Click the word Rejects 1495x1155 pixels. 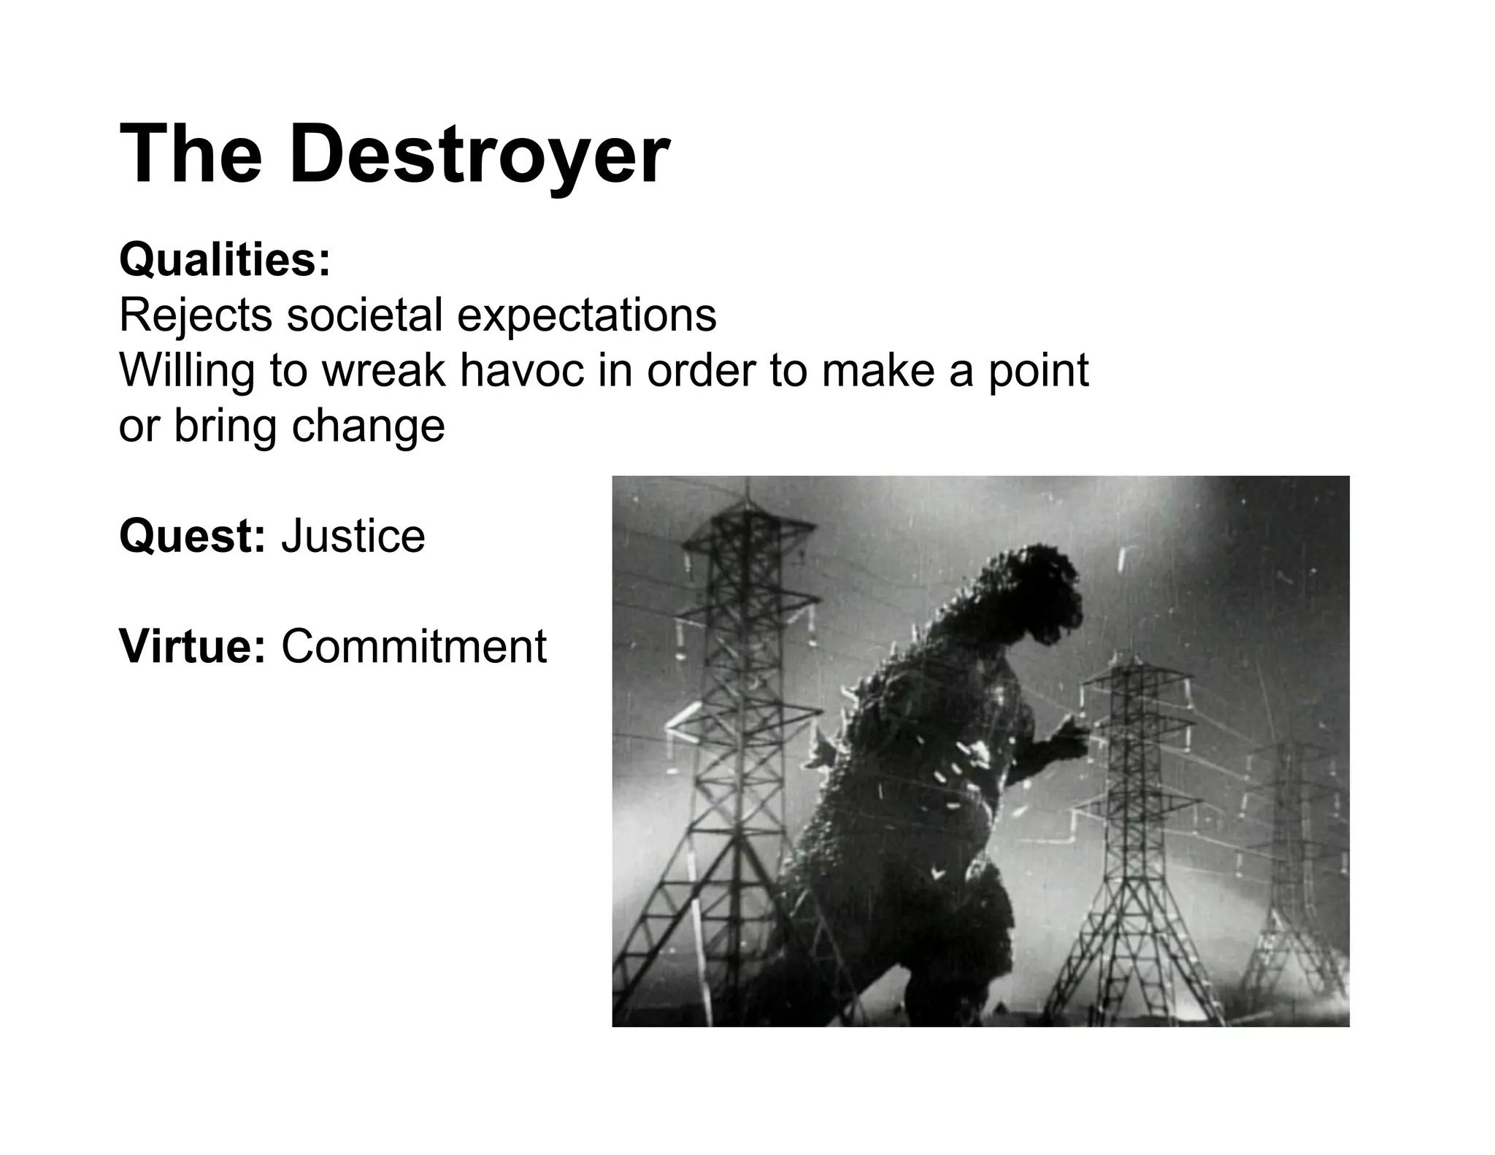(196, 315)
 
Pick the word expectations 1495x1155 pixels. (587, 317)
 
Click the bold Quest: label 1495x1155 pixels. (192, 537)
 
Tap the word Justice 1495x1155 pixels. (353, 537)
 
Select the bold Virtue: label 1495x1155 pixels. (192, 646)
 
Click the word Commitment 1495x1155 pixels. (414, 647)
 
